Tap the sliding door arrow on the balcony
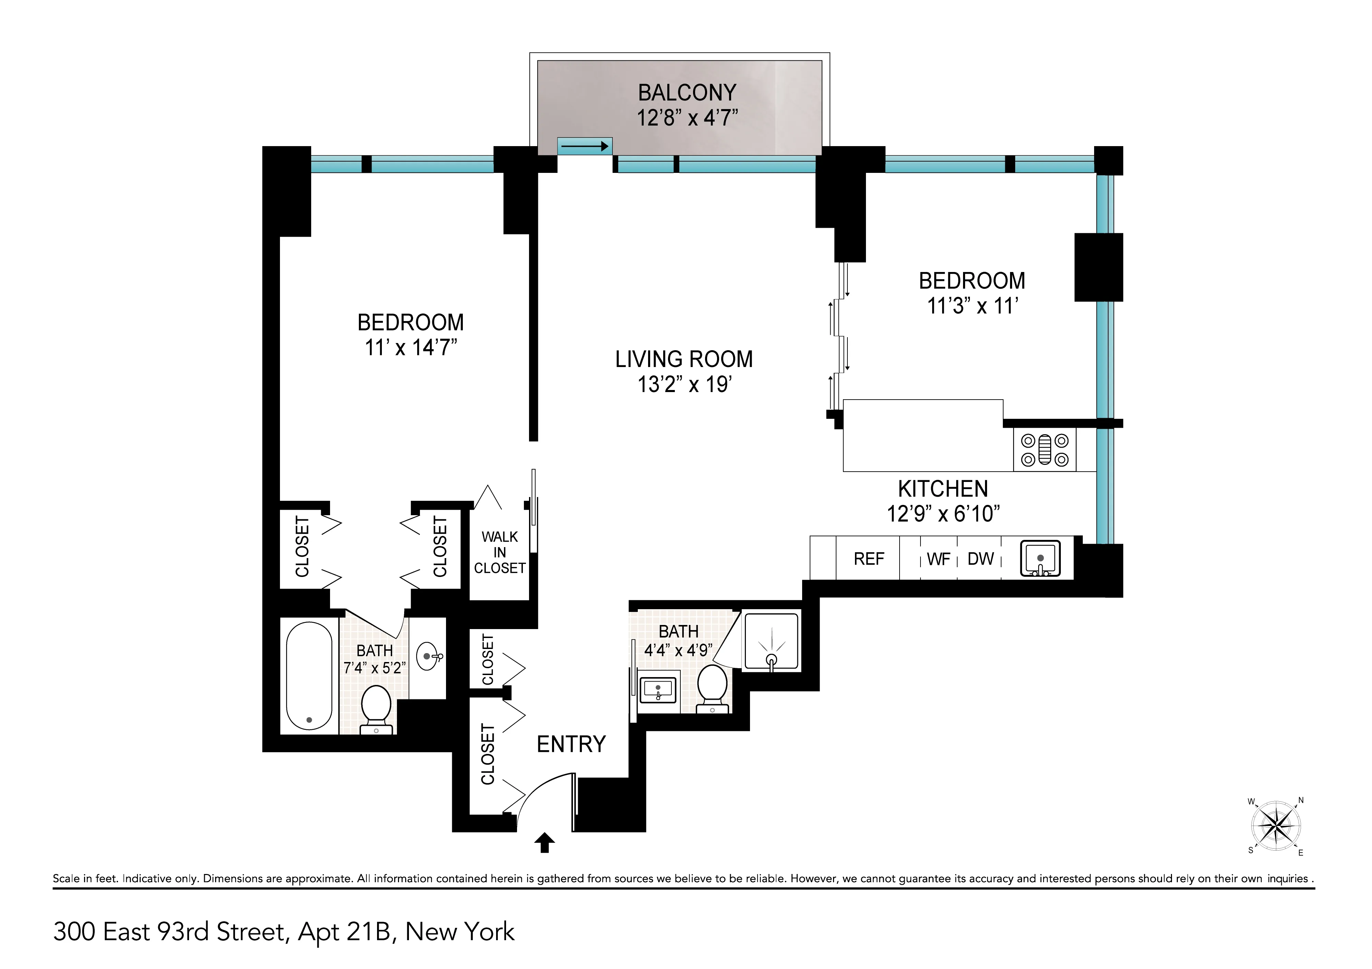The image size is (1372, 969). [584, 146]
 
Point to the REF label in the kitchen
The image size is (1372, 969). [868, 559]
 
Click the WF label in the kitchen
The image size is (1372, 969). [938, 560]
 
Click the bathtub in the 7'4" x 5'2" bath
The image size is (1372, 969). [308, 675]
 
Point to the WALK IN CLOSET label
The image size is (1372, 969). [500, 553]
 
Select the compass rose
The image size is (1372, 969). [1276, 826]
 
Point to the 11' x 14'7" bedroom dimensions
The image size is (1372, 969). [411, 347]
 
